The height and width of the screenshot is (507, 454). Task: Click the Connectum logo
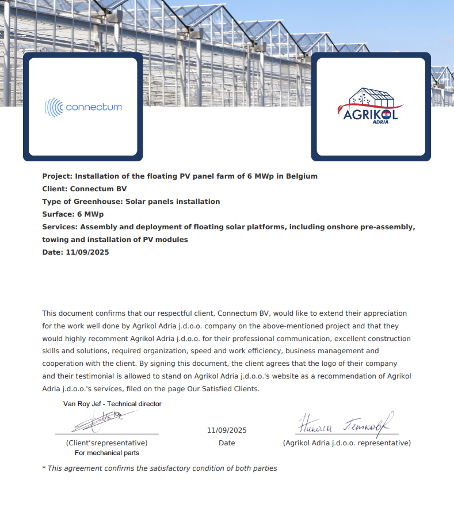[x=83, y=107]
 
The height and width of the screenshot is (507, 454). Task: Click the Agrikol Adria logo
[x=371, y=106]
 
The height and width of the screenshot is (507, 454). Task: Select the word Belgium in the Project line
[x=300, y=176]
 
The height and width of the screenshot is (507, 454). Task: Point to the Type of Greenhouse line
[x=131, y=202]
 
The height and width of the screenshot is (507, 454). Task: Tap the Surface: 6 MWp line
[x=73, y=214]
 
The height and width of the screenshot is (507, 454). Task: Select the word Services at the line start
[x=59, y=227]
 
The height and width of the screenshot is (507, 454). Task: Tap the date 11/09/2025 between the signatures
[x=227, y=430]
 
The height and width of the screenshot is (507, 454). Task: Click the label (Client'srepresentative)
[x=106, y=443]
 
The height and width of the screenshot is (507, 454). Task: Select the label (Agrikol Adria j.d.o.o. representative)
[x=346, y=443]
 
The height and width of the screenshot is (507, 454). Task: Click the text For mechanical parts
[x=107, y=453]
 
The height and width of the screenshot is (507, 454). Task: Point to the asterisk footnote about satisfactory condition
[x=160, y=468]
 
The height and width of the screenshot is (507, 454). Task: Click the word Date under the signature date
[x=227, y=443]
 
